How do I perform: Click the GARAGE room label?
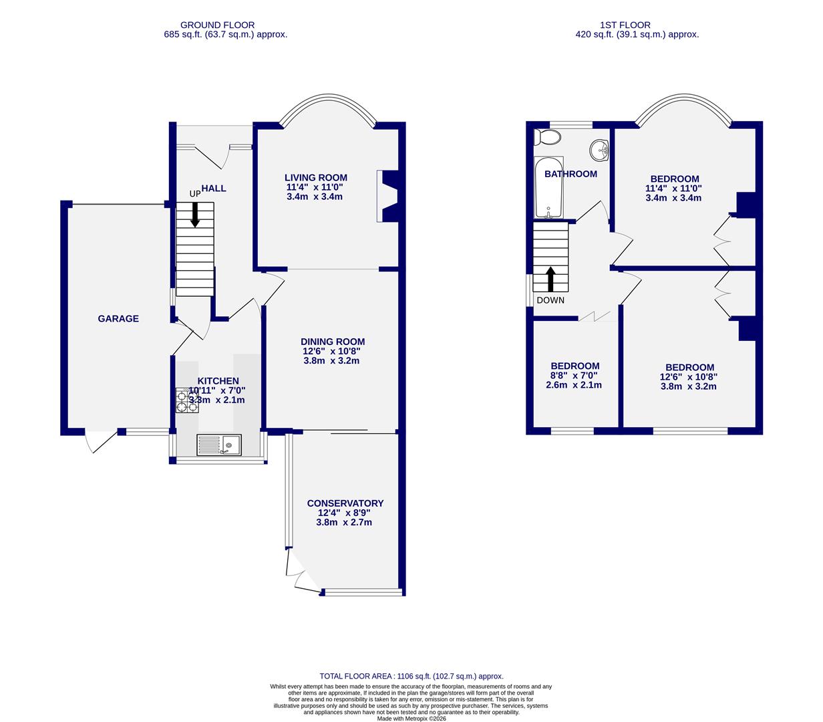point(118,319)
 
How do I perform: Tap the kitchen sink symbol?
point(220,444)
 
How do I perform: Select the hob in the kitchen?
point(187,400)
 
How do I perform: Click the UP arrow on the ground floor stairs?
point(195,215)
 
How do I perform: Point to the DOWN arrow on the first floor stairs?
point(551,278)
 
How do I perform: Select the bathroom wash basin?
point(601,150)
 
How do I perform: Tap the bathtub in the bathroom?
point(548,188)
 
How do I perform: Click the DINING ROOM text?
point(332,342)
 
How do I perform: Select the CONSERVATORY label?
point(345,503)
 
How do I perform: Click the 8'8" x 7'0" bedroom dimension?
point(574,376)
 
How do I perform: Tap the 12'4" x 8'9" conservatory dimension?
point(345,513)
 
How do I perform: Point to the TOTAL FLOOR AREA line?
point(412,677)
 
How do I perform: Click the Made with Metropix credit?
point(412,719)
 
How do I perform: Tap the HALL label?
point(214,189)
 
